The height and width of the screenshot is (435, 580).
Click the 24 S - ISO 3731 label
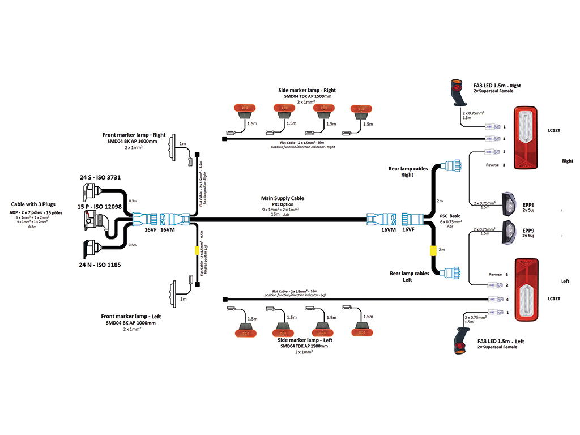[x=100, y=177]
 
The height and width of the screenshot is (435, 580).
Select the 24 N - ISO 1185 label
[x=100, y=264]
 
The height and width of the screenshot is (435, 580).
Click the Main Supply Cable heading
[x=282, y=198]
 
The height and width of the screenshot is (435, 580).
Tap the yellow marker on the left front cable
[x=197, y=249]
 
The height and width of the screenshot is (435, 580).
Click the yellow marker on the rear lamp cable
[x=432, y=249]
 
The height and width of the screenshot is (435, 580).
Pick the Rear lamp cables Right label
[x=408, y=171]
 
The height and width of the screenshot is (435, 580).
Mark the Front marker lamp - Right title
[x=134, y=135]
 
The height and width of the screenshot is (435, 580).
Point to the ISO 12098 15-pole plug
[x=94, y=220]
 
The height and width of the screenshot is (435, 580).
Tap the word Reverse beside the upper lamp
[x=493, y=165]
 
